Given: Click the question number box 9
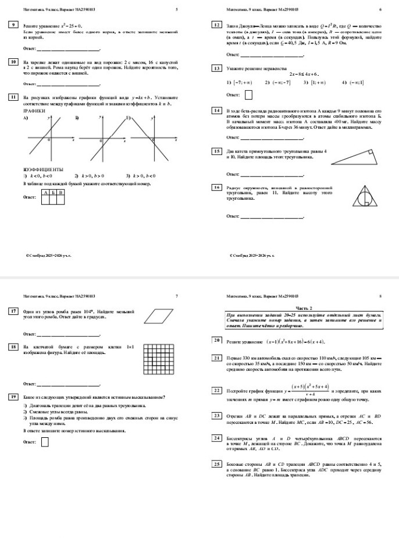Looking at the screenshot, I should (x=12, y=26).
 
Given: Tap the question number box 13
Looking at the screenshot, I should (x=217, y=68).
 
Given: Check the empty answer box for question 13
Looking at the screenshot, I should (x=248, y=94).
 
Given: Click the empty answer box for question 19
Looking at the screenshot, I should (x=45, y=442).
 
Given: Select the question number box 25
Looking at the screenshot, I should (x=217, y=463).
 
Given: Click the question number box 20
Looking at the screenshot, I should (x=217, y=339).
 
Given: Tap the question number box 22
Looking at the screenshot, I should (x=217, y=390).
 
